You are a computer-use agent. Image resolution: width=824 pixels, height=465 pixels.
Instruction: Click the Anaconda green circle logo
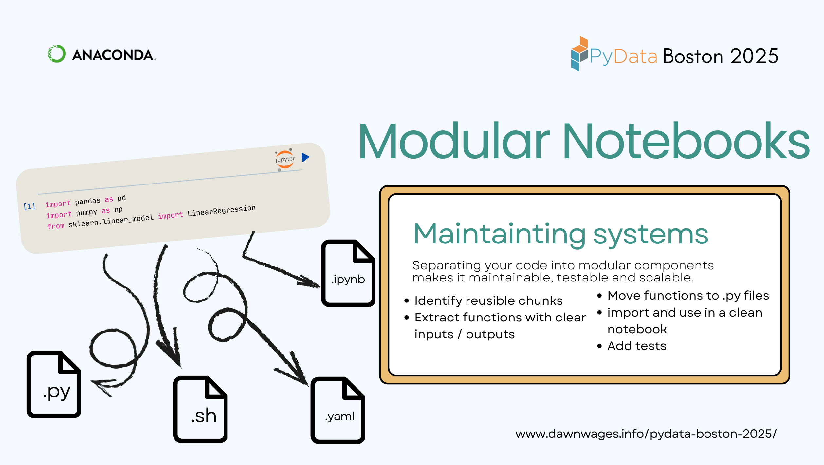tap(57, 54)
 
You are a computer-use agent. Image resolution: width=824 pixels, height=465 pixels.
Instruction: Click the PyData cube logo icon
tap(579, 54)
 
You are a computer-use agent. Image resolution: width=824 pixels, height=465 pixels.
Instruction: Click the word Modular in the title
tap(454, 142)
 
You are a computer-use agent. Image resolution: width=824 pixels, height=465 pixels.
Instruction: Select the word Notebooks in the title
tap(686, 142)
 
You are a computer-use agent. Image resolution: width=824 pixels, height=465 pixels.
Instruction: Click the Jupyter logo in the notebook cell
tap(285, 159)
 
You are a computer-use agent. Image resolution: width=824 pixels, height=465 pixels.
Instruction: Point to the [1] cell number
tap(29, 206)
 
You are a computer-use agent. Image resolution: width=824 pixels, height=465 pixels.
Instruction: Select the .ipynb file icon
tap(348, 273)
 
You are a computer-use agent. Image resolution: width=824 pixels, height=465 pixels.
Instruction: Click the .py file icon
tap(54, 384)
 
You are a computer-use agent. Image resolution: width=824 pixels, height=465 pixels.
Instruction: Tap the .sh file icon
tap(200, 409)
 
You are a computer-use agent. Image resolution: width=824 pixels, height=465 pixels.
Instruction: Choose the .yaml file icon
tap(338, 410)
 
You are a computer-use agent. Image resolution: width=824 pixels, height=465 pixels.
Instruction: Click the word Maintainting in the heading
tap(499, 235)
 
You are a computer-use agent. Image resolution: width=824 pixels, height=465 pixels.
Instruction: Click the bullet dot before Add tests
tap(599, 346)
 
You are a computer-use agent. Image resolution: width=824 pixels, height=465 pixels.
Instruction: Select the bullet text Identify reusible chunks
tap(488, 301)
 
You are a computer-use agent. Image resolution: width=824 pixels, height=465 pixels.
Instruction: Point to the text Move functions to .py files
tap(688, 296)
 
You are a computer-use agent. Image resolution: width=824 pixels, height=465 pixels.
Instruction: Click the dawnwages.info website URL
tap(646, 434)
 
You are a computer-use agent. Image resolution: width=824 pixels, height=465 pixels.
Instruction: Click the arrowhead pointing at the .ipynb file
tap(311, 283)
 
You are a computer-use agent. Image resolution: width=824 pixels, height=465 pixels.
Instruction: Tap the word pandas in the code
tap(87, 201)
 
